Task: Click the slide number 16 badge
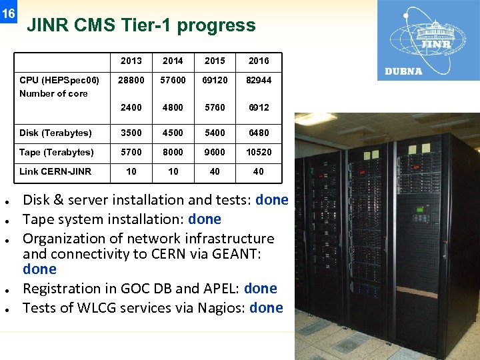pyautogui.click(x=8, y=14)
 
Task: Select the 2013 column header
pyautogui.click(x=131, y=61)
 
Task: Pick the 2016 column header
pyautogui.click(x=259, y=61)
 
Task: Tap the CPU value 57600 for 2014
pyautogui.click(x=173, y=80)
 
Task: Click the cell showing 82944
pyautogui.click(x=259, y=80)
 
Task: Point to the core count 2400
pyautogui.click(x=131, y=107)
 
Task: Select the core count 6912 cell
pyautogui.click(x=259, y=107)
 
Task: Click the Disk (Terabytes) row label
pyautogui.click(x=55, y=133)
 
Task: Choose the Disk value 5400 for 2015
pyautogui.click(x=215, y=133)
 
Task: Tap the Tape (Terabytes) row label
pyautogui.click(x=57, y=152)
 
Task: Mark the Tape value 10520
pyautogui.click(x=259, y=152)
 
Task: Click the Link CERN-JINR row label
pyautogui.click(x=55, y=171)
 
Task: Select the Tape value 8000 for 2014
pyautogui.click(x=173, y=152)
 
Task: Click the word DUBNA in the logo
pyautogui.click(x=403, y=71)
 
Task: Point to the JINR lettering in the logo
pyautogui.click(x=436, y=45)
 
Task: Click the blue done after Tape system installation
pyautogui.click(x=205, y=219)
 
